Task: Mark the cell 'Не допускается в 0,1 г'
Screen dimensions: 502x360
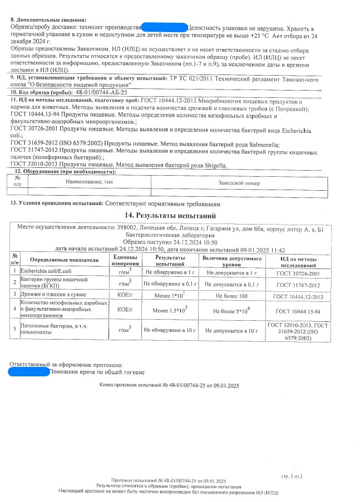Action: coord(232,284)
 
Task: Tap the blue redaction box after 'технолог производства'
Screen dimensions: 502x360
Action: coord(165,27)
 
